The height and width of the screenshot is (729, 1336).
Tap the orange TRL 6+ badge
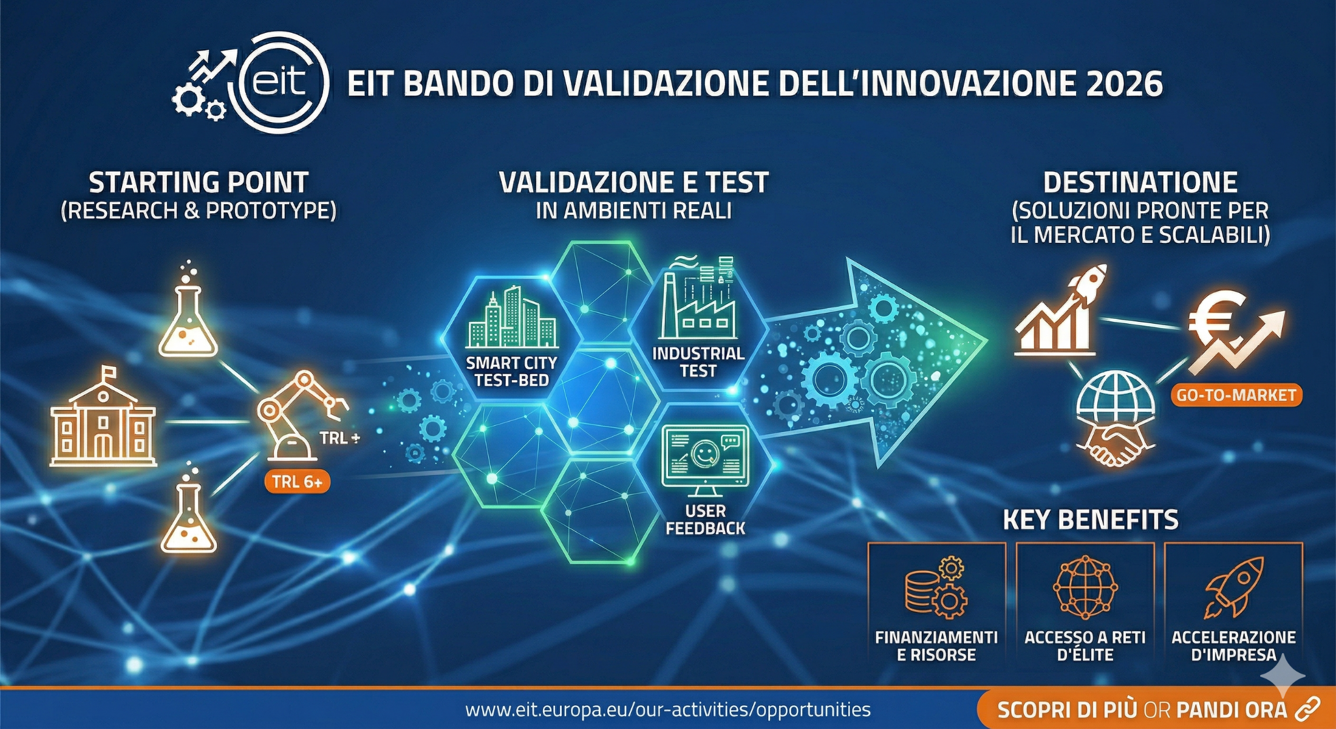297,482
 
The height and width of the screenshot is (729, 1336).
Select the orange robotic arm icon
301,416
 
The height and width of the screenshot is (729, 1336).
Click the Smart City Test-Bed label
511,372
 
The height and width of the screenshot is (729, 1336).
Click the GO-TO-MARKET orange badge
1236,395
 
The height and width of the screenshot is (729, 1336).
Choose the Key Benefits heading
1091,520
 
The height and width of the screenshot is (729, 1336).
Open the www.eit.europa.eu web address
668,710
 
